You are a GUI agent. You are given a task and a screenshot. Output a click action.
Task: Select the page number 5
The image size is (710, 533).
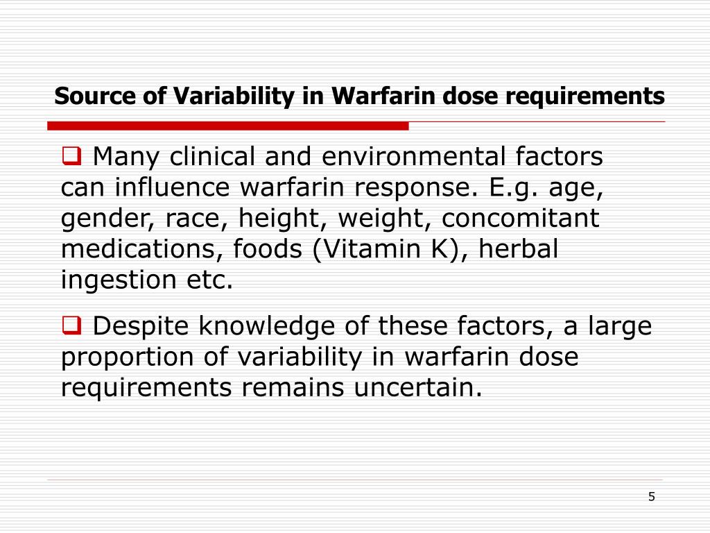coord(651,496)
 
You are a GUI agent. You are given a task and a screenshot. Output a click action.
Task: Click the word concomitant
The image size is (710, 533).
coord(521,219)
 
